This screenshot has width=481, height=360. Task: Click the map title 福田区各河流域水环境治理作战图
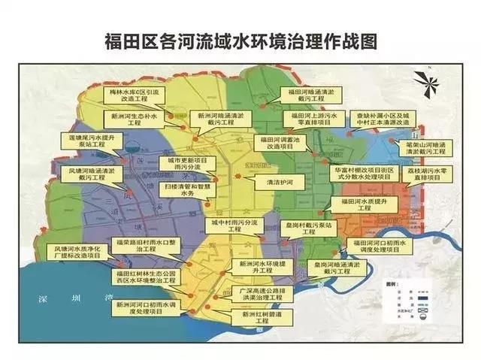coord(240,40)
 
